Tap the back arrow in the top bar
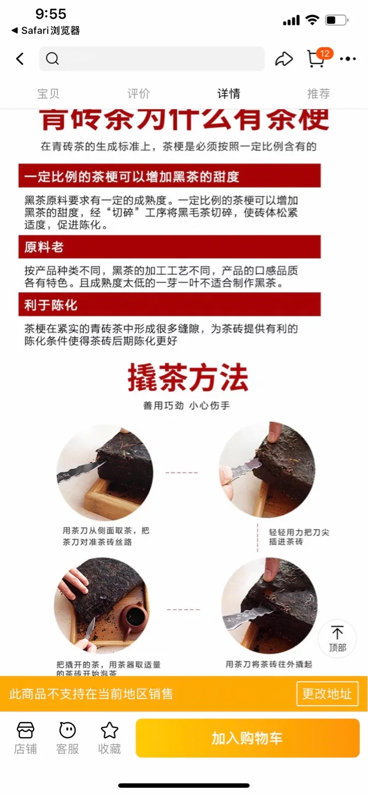click(x=20, y=59)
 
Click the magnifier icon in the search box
click(x=52, y=59)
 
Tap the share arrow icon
click(x=283, y=59)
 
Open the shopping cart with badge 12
click(x=316, y=59)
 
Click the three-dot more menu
click(x=348, y=59)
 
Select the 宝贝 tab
click(x=48, y=94)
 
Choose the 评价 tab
click(x=138, y=94)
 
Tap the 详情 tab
click(x=229, y=94)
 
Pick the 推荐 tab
click(x=318, y=94)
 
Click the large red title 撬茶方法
click(x=188, y=379)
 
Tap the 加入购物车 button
click(x=247, y=738)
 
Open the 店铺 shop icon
click(x=25, y=738)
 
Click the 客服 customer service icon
click(x=67, y=738)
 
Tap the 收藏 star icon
click(x=109, y=738)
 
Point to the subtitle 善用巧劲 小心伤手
click(x=186, y=406)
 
